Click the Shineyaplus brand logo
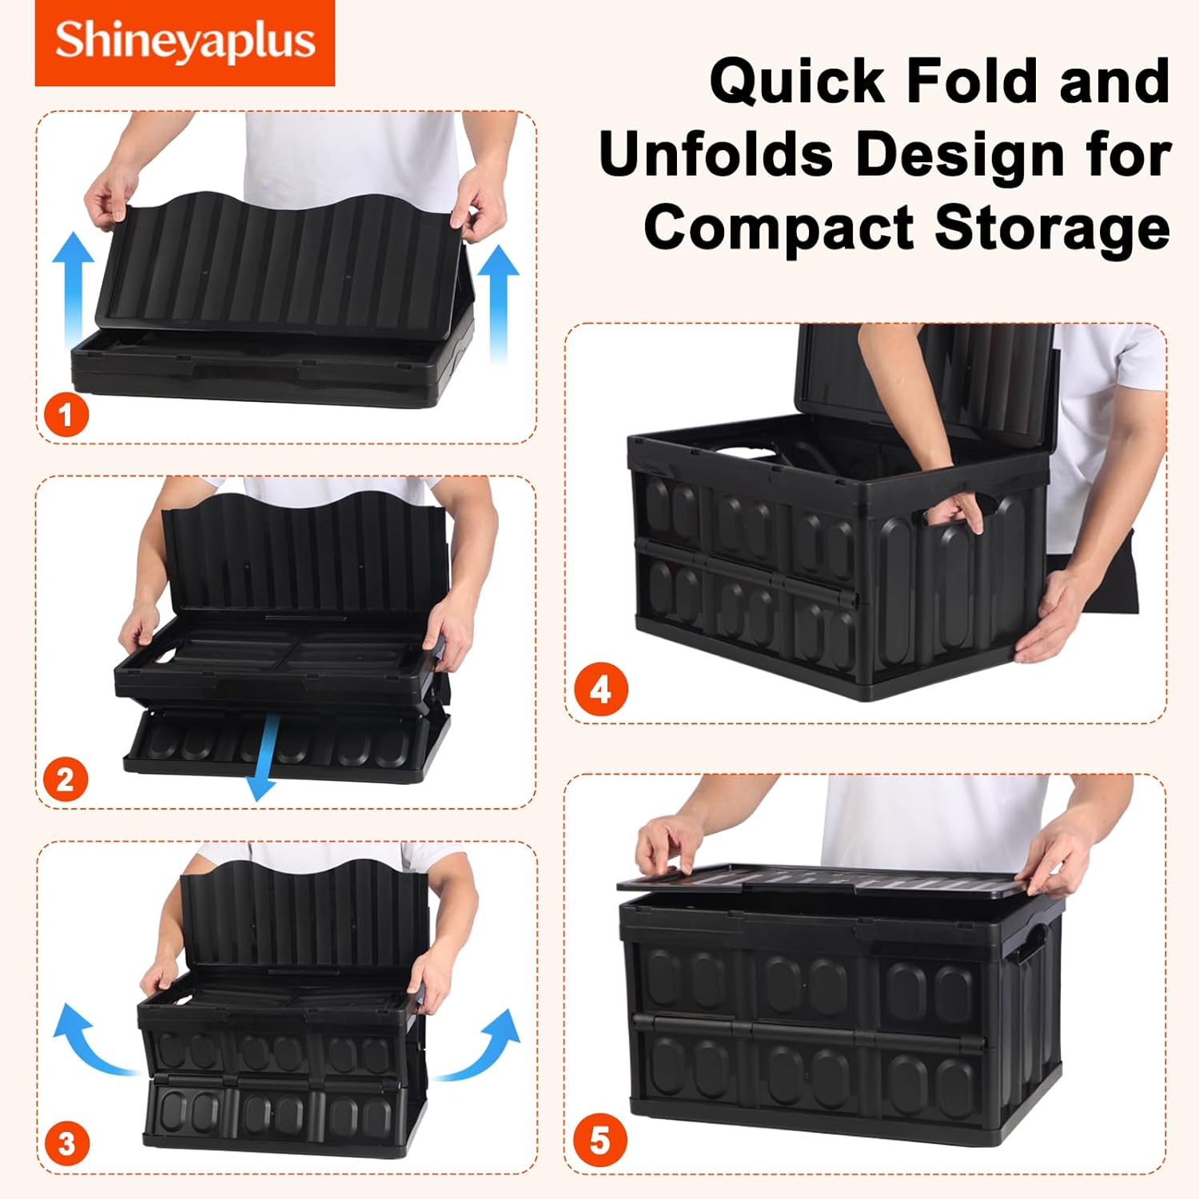pyautogui.click(x=185, y=42)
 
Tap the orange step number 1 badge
pyautogui.click(x=66, y=414)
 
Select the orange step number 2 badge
pyautogui.click(x=66, y=779)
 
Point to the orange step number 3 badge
pyautogui.click(x=66, y=1144)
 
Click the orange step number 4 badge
pyautogui.click(x=600, y=690)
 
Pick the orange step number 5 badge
pyautogui.click(x=599, y=1141)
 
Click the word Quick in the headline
pyautogui.click(x=799, y=82)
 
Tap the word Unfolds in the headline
pyautogui.click(x=716, y=154)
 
